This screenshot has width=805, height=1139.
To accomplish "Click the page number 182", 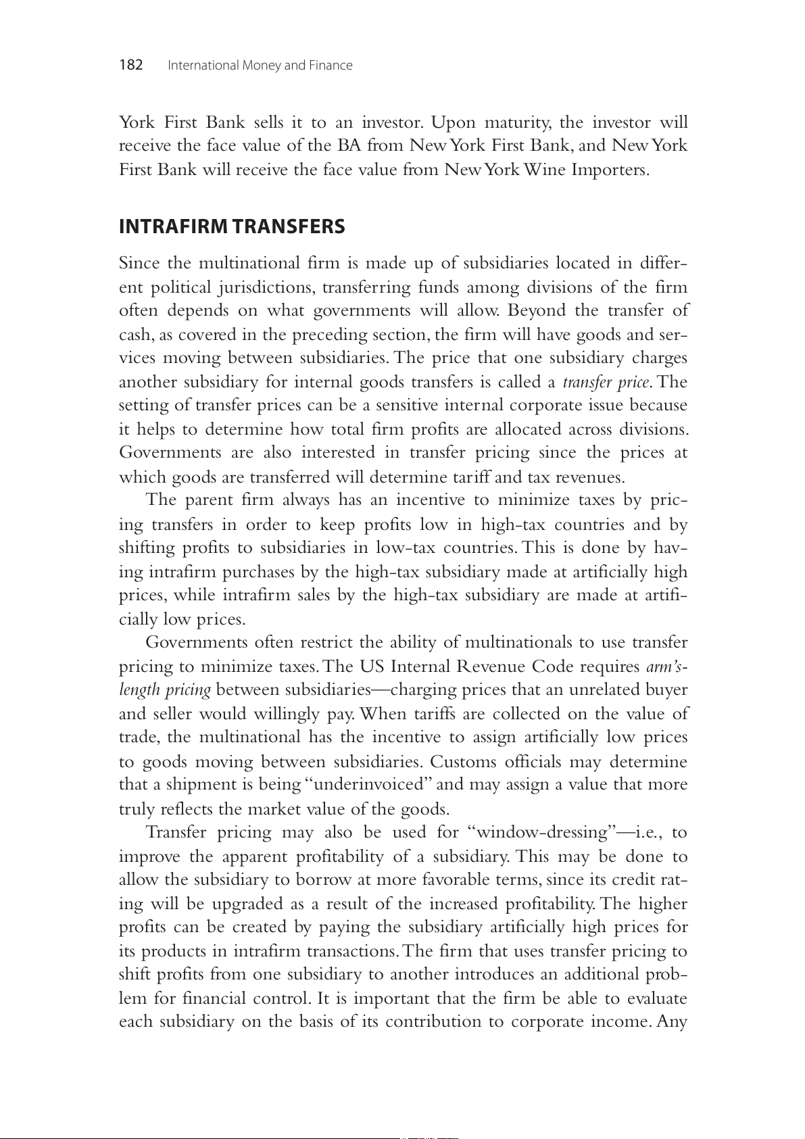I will tap(131, 65).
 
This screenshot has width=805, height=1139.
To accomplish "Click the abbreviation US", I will tap(371, 667).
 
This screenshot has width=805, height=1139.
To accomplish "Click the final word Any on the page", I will tap(672, 1021).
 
